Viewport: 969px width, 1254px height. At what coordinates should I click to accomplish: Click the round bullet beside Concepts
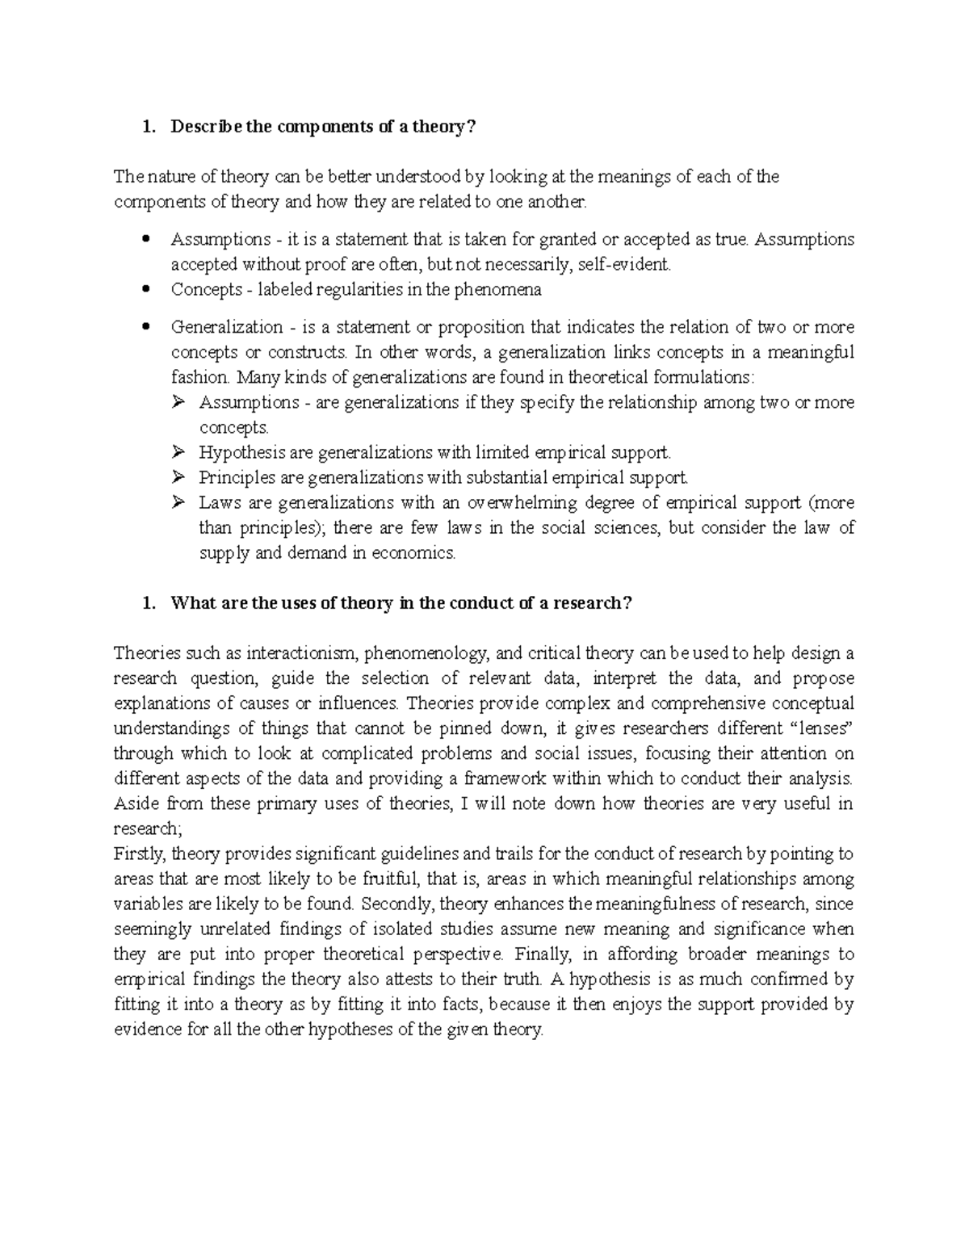coord(146,289)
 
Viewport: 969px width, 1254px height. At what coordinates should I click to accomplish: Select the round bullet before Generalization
coord(146,327)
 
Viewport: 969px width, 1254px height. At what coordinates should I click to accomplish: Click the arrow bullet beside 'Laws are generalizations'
coord(178,502)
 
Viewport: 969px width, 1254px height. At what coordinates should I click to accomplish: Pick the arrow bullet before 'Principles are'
coord(178,477)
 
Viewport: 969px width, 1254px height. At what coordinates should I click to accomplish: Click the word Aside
coord(136,804)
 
